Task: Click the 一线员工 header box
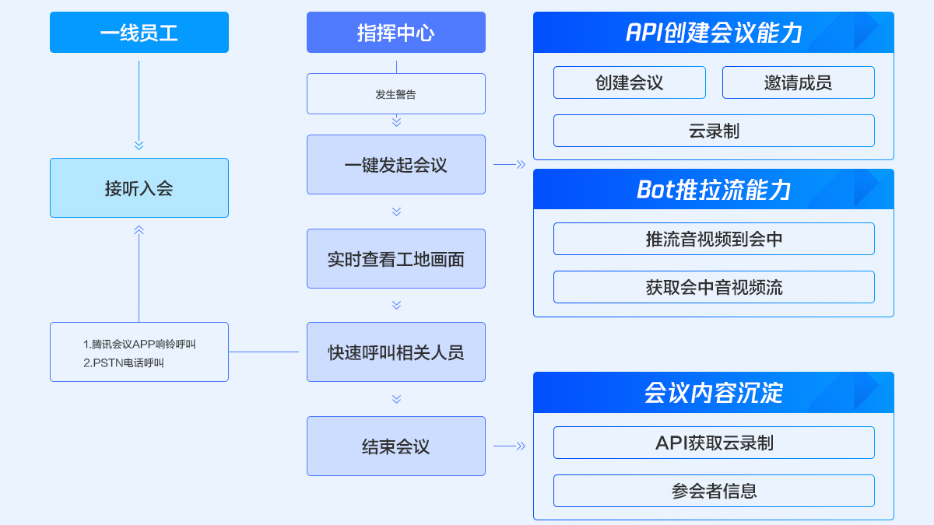point(139,32)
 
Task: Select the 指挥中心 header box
point(396,32)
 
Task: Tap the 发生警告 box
point(396,94)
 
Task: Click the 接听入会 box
point(139,188)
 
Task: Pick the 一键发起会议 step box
point(396,165)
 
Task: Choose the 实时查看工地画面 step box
point(396,259)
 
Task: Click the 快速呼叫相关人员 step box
point(396,352)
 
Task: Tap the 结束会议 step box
point(396,446)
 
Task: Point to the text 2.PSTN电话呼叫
point(124,363)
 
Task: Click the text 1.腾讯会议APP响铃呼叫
point(139,344)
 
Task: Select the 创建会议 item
point(630,82)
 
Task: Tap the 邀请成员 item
point(799,82)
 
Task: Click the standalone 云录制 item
point(714,131)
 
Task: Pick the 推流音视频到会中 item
point(714,239)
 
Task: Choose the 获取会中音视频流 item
point(714,287)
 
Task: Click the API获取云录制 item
point(714,443)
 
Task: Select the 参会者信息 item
point(714,491)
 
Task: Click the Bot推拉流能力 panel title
point(714,190)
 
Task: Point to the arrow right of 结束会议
point(510,446)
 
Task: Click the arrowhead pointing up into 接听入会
point(139,230)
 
